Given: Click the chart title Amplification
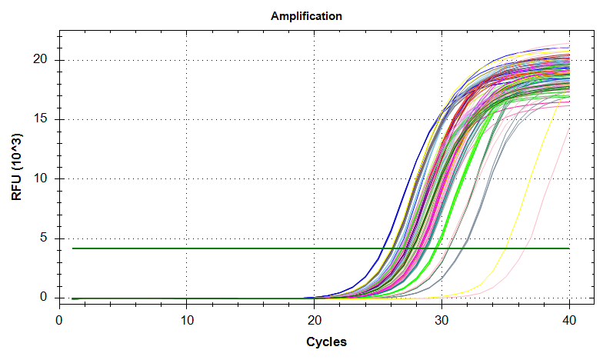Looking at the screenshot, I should [x=306, y=15].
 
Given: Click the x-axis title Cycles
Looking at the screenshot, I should [x=326, y=342].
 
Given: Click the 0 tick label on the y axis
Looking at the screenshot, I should [x=44, y=298].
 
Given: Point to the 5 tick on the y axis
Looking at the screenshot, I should [x=44, y=238].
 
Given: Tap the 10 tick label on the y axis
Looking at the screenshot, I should [x=41, y=178].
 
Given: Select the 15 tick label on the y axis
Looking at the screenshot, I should [x=41, y=119].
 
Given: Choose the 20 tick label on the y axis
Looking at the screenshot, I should [x=41, y=60].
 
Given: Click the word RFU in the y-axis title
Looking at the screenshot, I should [x=17, y=187].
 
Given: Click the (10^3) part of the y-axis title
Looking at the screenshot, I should [x=17, y=152].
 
